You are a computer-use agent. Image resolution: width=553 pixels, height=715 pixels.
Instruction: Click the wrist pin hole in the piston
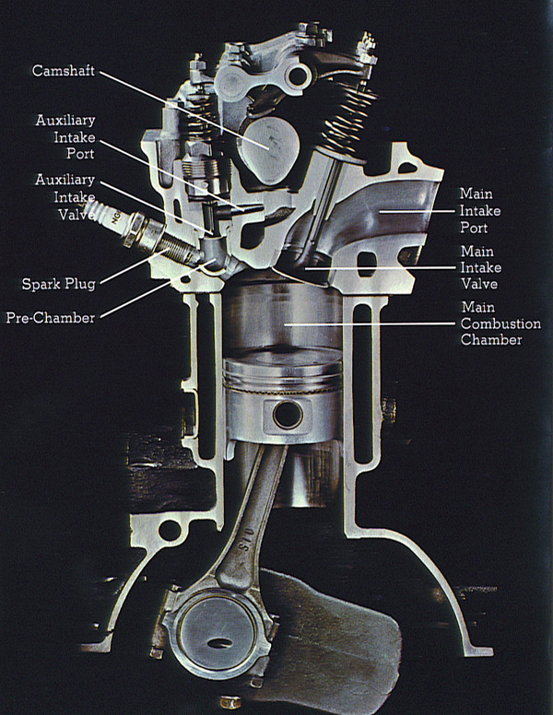(x=285, y=416)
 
